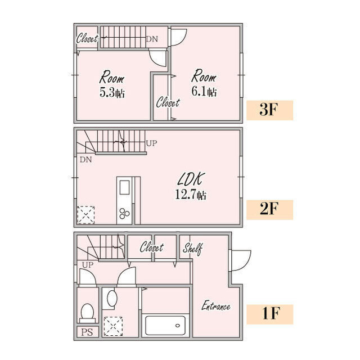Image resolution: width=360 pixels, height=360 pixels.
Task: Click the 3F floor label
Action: (269, 110)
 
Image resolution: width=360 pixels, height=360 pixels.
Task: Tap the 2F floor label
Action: (269, 209)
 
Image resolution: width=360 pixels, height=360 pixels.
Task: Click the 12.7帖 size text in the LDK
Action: (191, 195)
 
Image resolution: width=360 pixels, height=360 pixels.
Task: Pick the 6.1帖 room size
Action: (204, 91)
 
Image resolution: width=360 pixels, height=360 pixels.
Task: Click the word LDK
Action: (191, 179)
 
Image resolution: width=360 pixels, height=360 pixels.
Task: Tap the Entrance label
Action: (216, 306)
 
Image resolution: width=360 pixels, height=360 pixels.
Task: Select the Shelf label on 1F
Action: (193, 249)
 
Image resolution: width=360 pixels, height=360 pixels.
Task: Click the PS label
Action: (87, 332)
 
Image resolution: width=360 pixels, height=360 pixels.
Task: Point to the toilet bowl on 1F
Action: (88, 313)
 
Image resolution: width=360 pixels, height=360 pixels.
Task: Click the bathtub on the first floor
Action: (165, 326)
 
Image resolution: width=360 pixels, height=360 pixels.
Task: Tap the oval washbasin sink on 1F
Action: (112, 298)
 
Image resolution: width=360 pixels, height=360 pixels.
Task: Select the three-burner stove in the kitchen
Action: (124, 213)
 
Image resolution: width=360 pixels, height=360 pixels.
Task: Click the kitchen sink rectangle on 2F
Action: (124, 187)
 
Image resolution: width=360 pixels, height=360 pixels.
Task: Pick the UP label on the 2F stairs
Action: (151, 143)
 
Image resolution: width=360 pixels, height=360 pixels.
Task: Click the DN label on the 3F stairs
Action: (152, 39)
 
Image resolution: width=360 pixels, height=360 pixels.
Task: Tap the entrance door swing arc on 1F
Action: (244, 260)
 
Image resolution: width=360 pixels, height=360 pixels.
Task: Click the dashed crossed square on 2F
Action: (86, 215)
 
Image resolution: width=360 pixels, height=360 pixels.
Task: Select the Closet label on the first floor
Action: (151, 247)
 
